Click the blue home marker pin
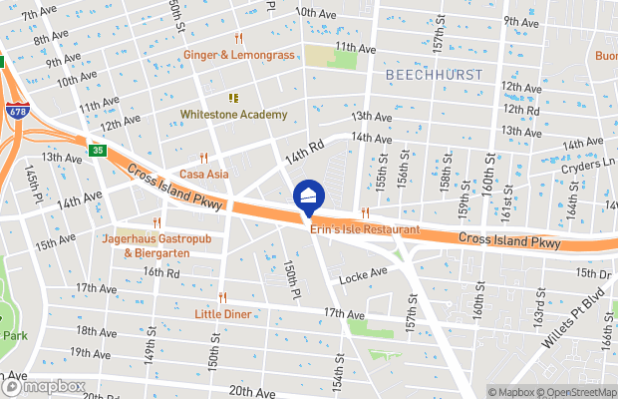click(x=308, y=197)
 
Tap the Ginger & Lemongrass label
click(x=239, y=55)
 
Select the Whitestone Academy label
click(x=233, y=115)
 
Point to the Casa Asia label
click(x=203, y=174)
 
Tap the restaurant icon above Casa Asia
click(x=203, y=158)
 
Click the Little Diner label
click(x=223, y=313)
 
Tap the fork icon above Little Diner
click(x=223, y=296)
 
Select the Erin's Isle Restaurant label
click(x=364, y=230)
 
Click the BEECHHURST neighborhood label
click(x=433, y=75)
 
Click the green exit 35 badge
click(x=98, y=151)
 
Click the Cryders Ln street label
click(x=590, y=167)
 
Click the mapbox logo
click(x=44, y=386)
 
